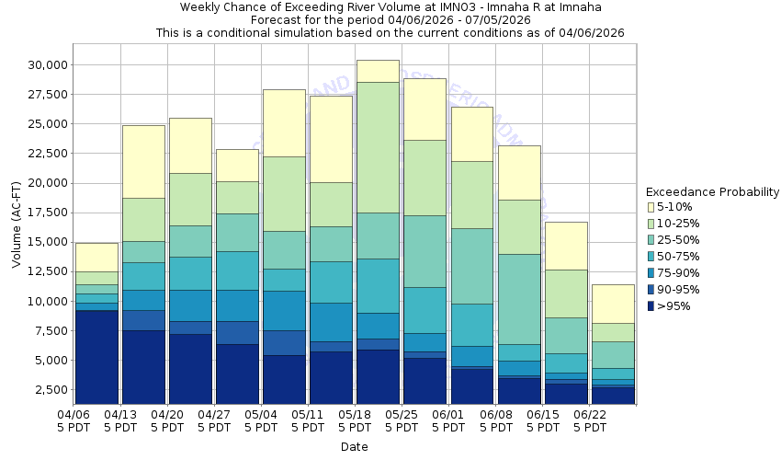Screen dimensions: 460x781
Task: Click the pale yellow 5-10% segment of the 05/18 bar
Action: click(378, 71)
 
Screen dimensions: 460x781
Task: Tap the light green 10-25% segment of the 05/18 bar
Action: click(378, 147)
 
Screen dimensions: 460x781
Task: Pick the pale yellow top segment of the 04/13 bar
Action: click(143, 161)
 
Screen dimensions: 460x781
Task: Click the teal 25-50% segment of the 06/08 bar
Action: click(518, 299)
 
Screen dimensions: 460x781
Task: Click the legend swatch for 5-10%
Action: click(651, 207)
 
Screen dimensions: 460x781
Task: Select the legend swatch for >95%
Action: click(651, 306)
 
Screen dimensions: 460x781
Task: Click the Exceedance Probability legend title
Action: click(712, 192)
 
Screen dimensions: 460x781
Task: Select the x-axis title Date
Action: click(354, 447)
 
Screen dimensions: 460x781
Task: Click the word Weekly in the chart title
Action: click(201, 7)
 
